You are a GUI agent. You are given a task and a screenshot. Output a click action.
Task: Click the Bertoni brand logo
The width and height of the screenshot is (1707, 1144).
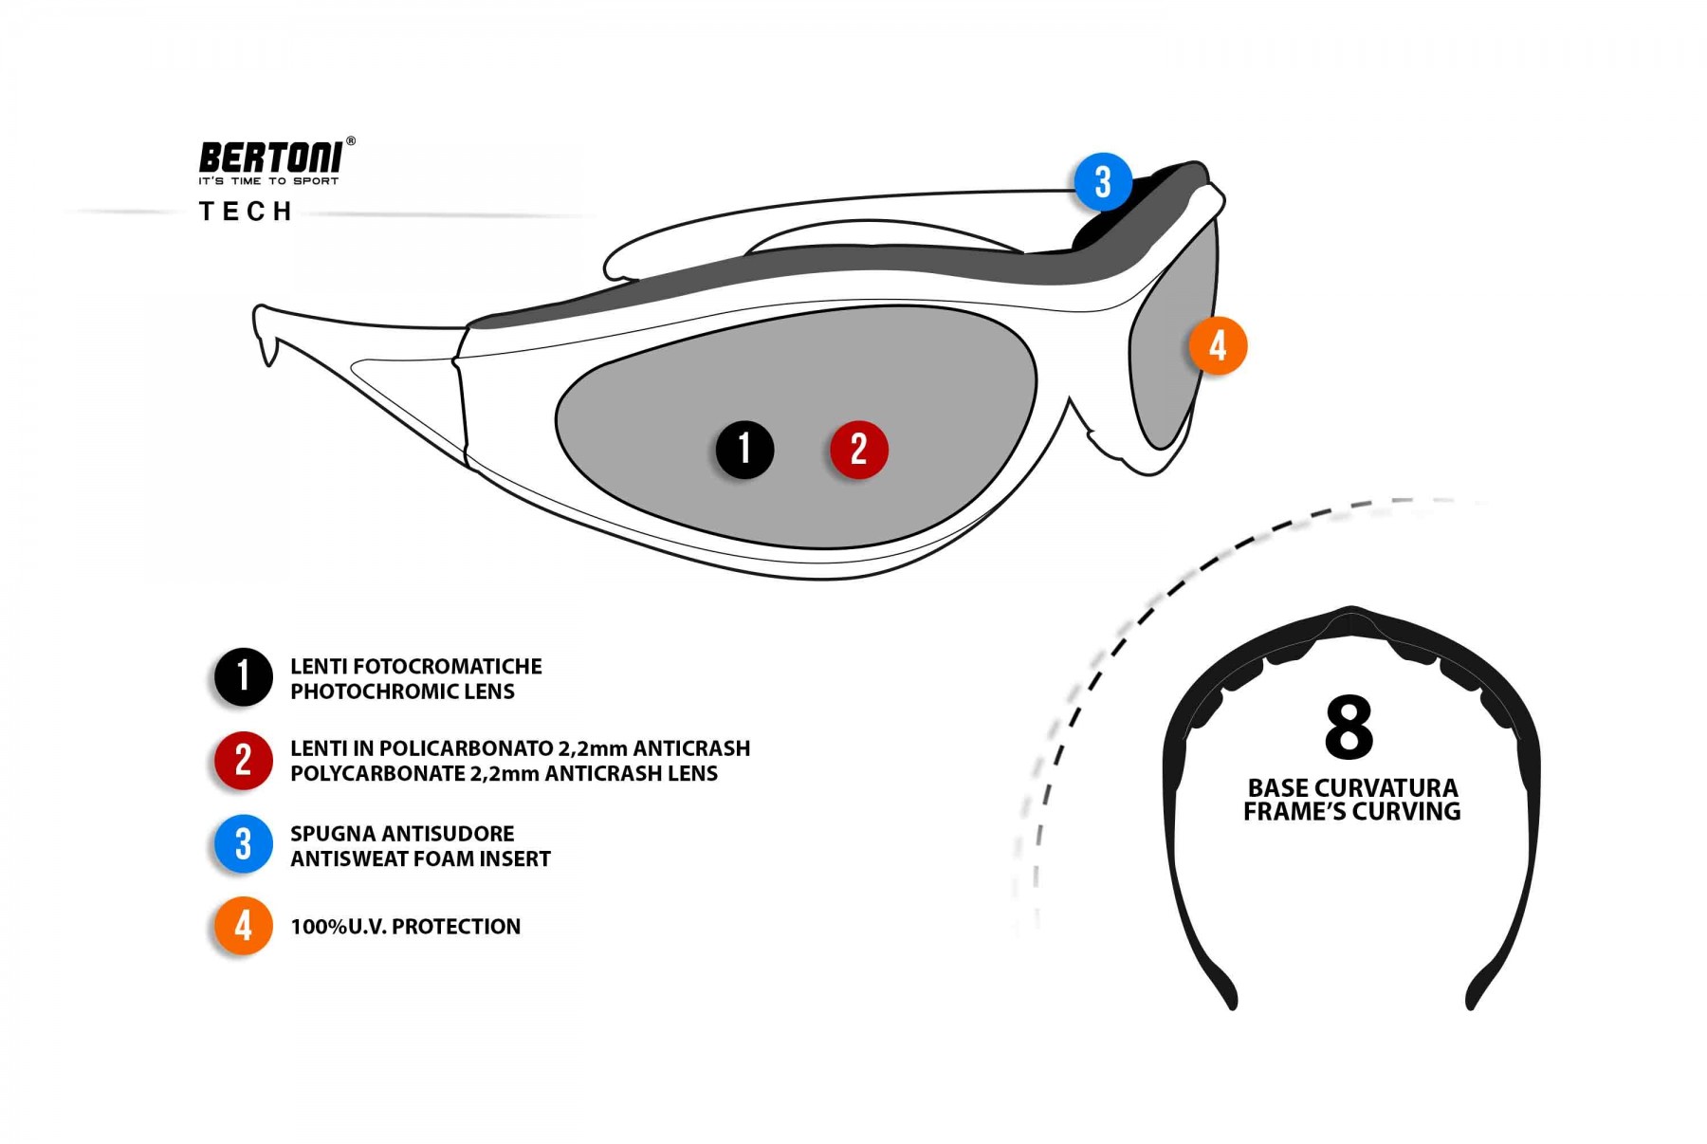tap(272, 159)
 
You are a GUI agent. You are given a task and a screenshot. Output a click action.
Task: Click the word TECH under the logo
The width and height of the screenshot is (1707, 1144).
tap(246, 212)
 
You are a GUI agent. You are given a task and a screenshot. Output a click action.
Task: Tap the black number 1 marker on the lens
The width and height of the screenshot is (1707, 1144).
tap(744, 450)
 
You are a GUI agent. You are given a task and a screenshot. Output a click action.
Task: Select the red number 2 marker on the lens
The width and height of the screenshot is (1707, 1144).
tap(858, 450)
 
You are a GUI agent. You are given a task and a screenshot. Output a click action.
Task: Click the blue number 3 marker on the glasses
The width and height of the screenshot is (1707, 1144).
tap(1102, 182)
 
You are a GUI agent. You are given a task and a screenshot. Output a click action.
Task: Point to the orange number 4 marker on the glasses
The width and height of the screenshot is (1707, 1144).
tap(1218, 345)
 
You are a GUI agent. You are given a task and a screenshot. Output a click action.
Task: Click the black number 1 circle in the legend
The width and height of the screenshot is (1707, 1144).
tap(243, 677)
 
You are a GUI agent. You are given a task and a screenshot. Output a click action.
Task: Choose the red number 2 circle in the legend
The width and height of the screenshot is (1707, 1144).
tap(243, 760)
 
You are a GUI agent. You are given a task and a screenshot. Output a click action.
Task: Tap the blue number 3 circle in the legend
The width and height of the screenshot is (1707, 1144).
tap(243, 843)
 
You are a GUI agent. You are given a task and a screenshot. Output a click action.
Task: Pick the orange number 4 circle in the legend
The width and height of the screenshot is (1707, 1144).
tap(243, 926)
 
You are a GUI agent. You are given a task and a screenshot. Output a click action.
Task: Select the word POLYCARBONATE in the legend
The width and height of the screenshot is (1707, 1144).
tap(376, 774)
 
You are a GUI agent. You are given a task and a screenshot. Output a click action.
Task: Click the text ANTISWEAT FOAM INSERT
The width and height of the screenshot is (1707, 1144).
tap(420, 859)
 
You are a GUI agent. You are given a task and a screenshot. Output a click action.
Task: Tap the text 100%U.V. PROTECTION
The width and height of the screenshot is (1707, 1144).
tap(405, 927)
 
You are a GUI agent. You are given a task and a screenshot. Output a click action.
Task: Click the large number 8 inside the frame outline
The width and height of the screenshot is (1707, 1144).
tap(1349, 728)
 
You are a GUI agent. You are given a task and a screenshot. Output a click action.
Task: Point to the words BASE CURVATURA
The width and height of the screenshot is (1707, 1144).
tap(1352, 788)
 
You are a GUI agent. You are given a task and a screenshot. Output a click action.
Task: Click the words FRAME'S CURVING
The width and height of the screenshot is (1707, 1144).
tap(1352, 812)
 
